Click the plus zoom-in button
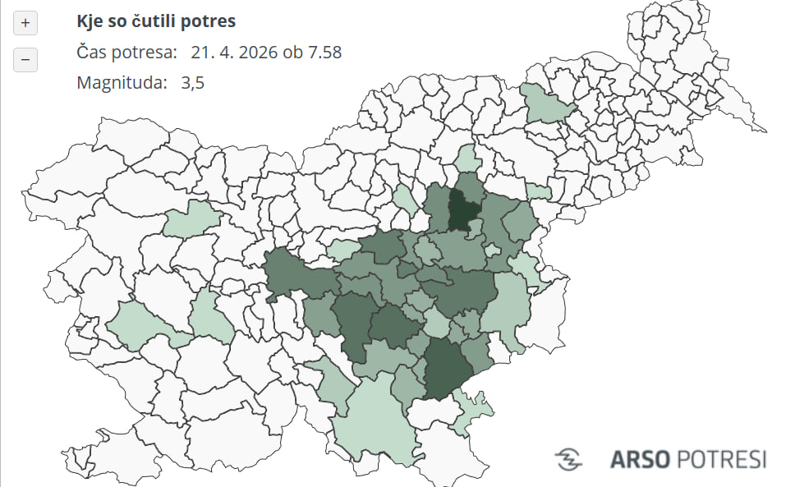pos(25,23)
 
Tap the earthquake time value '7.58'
pos(324,53)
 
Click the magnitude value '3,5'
pos(192,83)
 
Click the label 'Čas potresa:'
pos(126,53)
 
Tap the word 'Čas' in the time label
pos(92,53)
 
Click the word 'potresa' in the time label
pos(145,53)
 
